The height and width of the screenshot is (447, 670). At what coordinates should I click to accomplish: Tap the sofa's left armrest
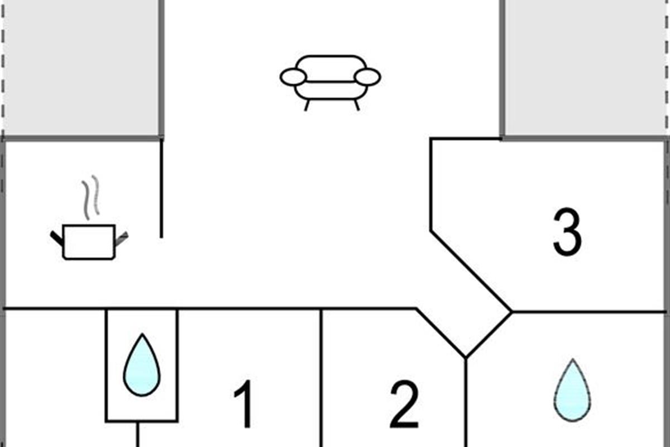[x=293, y=77]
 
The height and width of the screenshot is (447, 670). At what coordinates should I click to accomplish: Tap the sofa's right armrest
[x=367, y=77]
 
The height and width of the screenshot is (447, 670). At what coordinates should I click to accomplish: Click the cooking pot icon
[x=89, y=241]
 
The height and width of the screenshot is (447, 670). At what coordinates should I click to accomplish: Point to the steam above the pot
[x=90, y=198]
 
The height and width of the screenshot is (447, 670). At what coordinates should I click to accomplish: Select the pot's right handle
[x=122, y=239]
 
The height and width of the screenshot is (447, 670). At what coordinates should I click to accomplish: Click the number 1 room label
[x=243, y=404]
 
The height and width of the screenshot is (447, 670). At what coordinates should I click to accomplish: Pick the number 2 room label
[x=404, y=404]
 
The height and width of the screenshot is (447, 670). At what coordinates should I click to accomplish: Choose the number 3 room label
[x=567, y=232]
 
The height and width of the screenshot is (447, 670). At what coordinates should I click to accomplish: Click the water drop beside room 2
[x=572, y=390]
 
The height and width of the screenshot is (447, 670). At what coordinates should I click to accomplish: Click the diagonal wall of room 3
[x=471, y=271]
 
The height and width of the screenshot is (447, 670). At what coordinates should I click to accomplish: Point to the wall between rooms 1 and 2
[x=321, y=378]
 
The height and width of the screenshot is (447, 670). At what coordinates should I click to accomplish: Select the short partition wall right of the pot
[x=161, y=189]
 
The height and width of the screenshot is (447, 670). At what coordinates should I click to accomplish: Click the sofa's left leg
[x=307, y=106]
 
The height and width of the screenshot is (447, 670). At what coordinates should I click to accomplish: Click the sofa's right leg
[x=357, y=106]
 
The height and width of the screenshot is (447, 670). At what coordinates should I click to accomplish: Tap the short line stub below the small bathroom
[x=137, y=434]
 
